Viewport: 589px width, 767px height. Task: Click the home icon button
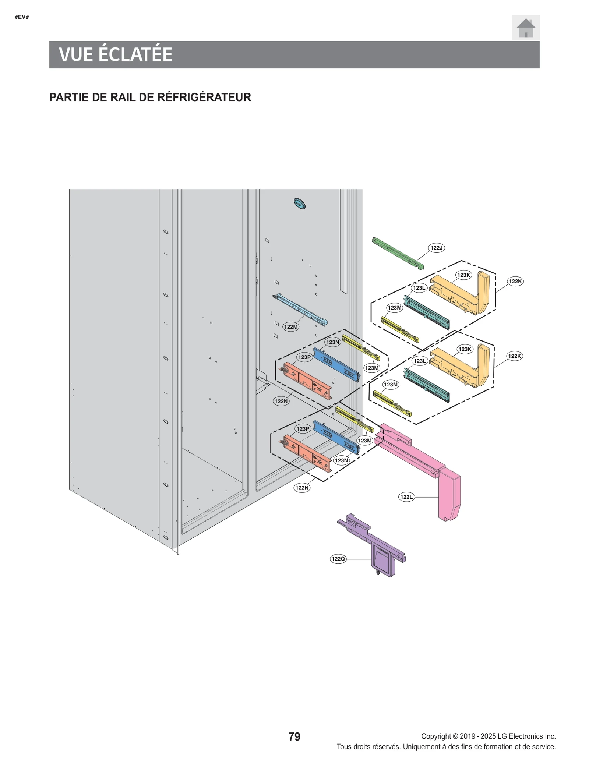[x=525, y=28]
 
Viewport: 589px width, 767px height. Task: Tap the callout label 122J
[x=436, y=248]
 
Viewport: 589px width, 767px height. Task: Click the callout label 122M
[x=290, y=326]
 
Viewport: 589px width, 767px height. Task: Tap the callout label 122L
[x=406, y=497]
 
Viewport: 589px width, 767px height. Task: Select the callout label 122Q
[x=338, y=559]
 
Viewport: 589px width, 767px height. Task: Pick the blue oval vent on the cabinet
[x=300, y=204]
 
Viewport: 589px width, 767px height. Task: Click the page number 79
[x=294, y=736]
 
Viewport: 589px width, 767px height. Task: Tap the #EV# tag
[x=22, y=17]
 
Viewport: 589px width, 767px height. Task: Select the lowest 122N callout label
[x=302, y=488]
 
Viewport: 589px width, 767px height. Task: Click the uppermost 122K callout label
[x=515, y=281]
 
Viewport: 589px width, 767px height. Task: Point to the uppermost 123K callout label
[x=463, y=275]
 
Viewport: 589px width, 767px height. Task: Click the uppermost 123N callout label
[x=332, y=342]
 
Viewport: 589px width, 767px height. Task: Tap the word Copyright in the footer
[x=436, y=736]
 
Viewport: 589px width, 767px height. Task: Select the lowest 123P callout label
[x=303, y=428]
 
